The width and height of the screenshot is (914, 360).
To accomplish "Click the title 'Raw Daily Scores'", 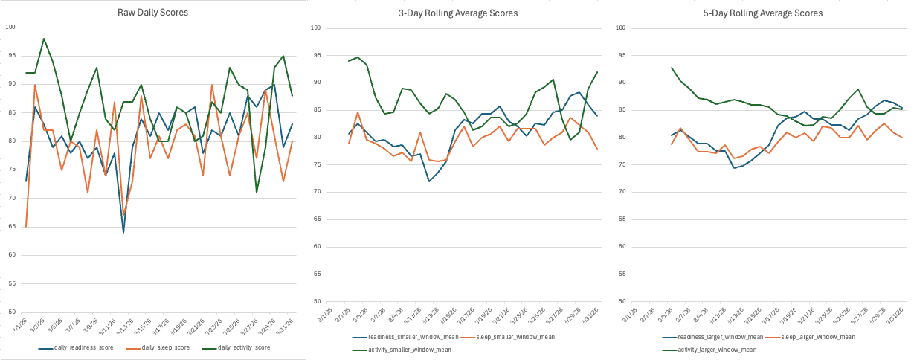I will click(152, 13).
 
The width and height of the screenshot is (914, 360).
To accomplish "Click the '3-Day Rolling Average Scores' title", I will click(457, 13).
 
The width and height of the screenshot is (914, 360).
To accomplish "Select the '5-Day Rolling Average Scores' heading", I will click(763, 13).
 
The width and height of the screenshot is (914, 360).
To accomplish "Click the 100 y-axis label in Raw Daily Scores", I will click(10, 28).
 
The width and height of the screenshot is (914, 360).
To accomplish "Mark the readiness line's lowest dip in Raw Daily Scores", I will click(123, 232).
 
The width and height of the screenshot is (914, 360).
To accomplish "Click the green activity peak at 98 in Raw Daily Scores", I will click(44, 39).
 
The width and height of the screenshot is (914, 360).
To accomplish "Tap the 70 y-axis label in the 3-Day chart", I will click(316, 192).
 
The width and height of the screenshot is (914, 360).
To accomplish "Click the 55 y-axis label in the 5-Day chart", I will click(622, 274).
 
